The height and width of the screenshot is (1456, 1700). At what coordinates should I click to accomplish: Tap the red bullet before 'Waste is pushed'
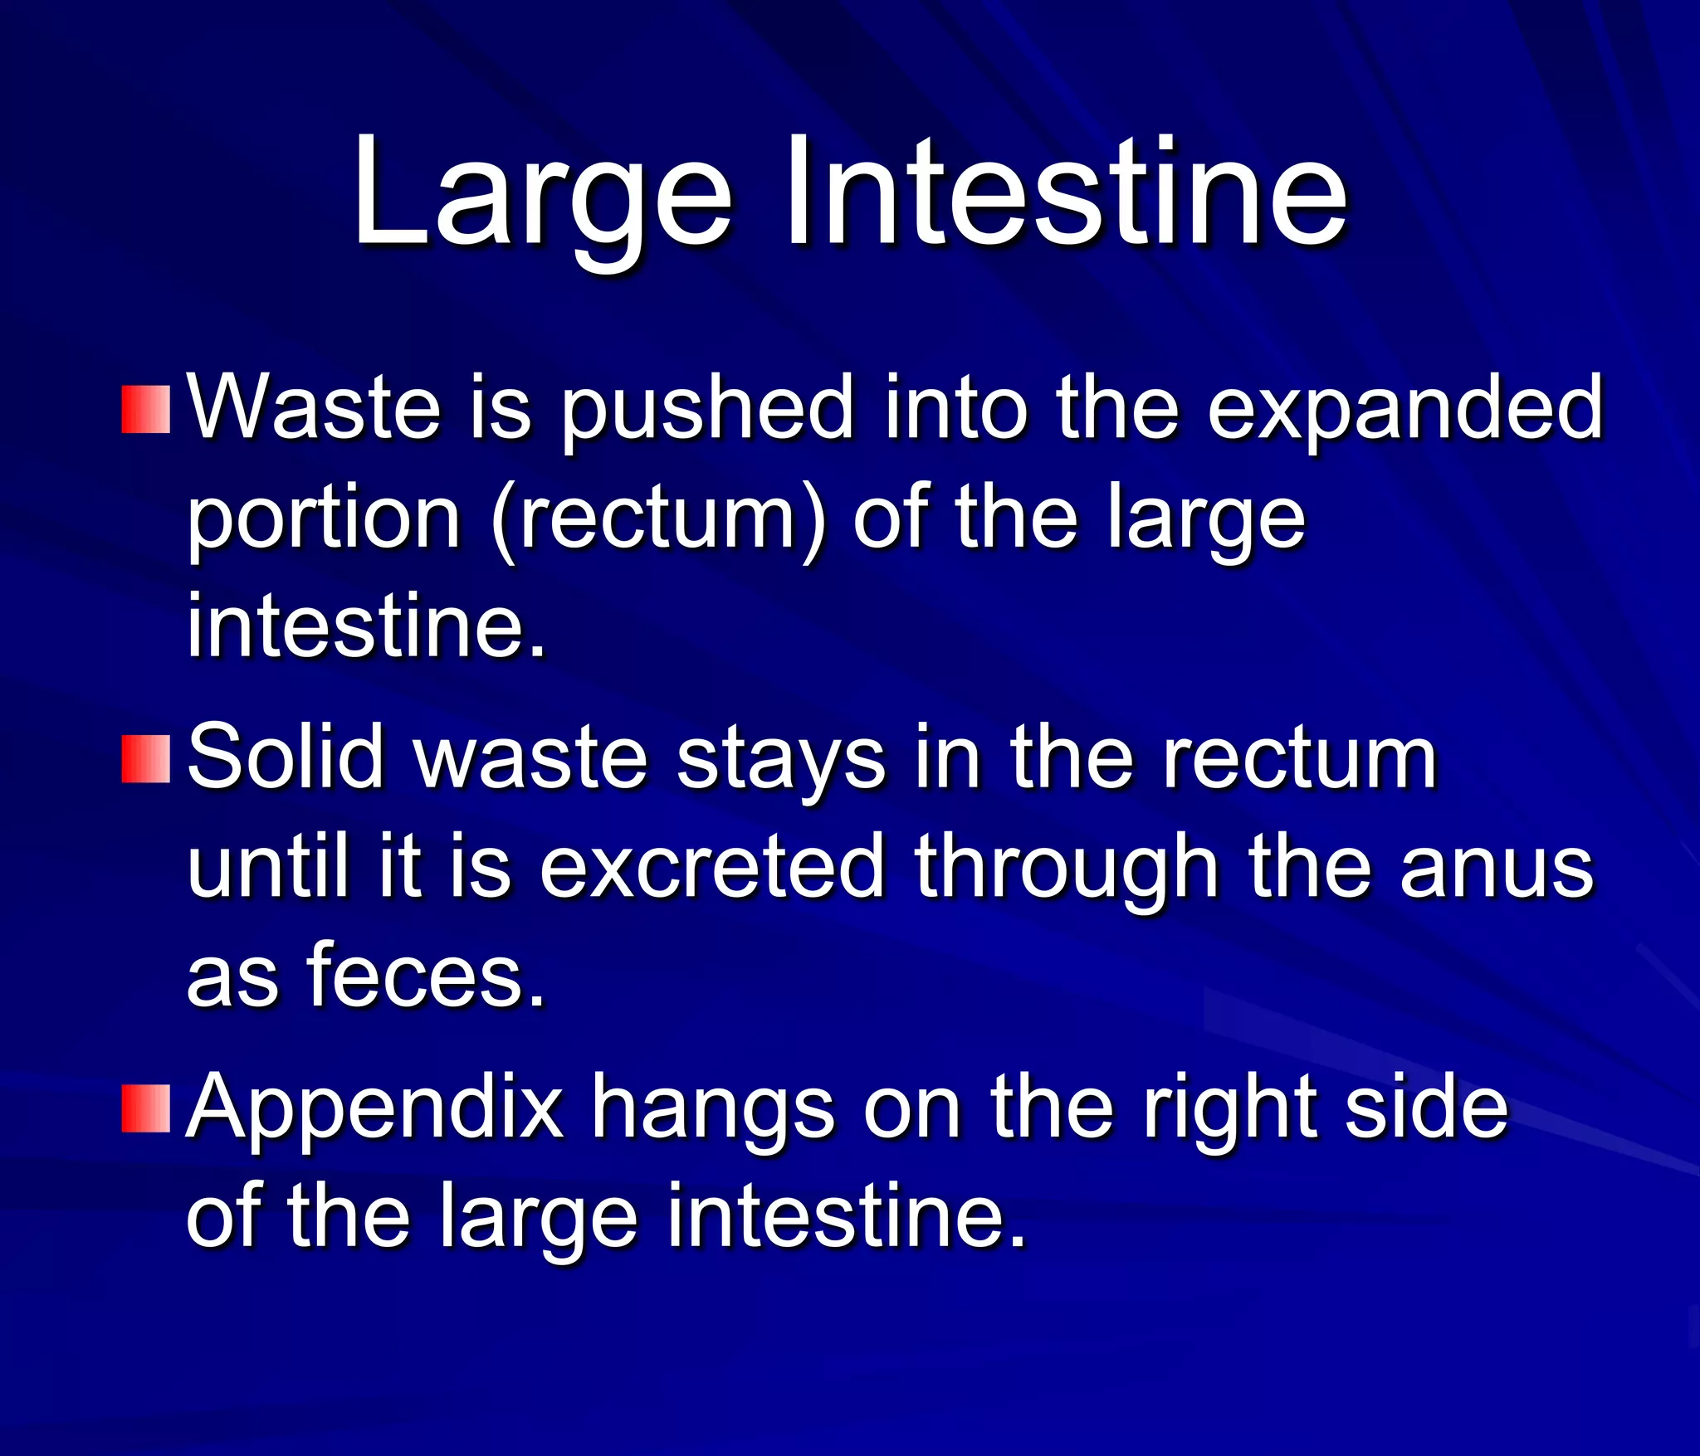click(x=146, y=410)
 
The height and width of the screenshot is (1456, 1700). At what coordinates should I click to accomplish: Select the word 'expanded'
click(x=1404, y=410)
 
